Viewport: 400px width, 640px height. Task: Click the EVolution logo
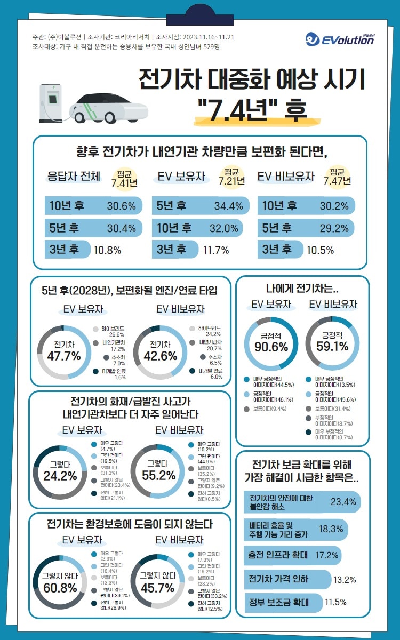[340, 39]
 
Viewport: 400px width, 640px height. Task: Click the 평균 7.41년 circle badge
[124, 178]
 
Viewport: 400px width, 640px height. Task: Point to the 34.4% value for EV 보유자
[228, 206]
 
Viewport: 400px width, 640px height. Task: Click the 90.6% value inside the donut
[270, 347]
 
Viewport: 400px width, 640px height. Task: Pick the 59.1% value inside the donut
[332, 347]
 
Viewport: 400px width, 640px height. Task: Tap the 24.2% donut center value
[60, 476]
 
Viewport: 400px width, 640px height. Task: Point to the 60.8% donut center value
[60, 588]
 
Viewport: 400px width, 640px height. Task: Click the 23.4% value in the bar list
[343, 502]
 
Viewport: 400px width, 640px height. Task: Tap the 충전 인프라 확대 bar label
[278, 555]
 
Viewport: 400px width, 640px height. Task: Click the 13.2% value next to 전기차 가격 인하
[345, 579]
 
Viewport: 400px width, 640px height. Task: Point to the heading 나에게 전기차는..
[302, 289]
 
